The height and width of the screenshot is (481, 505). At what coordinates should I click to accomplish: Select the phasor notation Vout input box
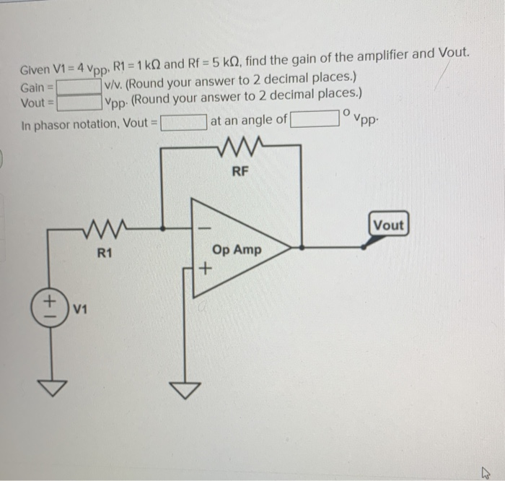pos(183,121)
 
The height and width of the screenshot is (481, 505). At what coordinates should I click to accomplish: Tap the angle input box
pos(315,118)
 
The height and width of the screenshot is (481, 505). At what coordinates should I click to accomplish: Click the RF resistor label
pos(241,171)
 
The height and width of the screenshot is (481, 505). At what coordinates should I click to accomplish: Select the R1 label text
pos(105,253)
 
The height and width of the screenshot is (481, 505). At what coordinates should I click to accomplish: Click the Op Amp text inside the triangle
pos(237,250)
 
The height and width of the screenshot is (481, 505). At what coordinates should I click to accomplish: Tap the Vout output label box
pos(389,225)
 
